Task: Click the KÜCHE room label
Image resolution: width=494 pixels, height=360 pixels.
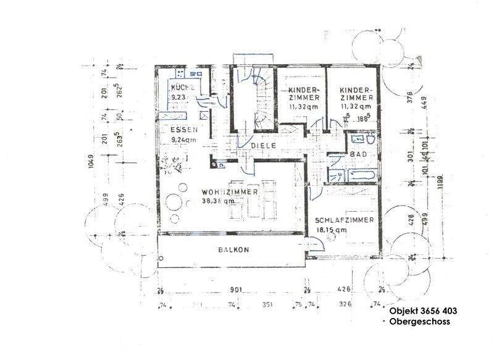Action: tap(183, 88)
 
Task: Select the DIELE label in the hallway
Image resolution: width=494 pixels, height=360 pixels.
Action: tap(264, 145)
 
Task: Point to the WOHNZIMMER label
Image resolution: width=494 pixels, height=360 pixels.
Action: tap(229, 191)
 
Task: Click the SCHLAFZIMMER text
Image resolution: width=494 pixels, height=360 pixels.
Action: tap(344, 220)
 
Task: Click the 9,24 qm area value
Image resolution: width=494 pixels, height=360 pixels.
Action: tap(183, 140)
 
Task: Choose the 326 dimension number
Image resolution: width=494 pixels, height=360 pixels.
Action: tap(345, 304)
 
